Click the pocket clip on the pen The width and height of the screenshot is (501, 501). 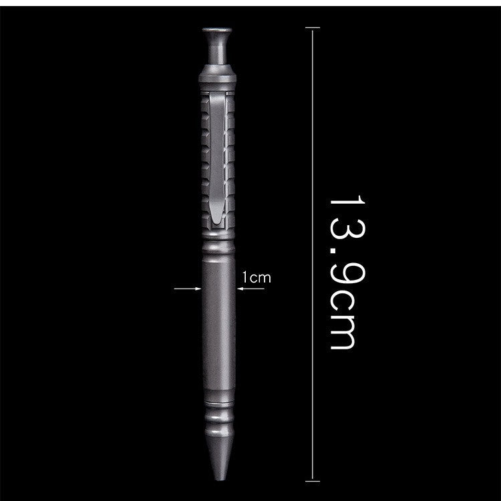pos(218,160)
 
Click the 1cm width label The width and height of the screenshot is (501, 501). pos(257,277)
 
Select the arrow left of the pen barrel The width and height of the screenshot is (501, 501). pos(188,289)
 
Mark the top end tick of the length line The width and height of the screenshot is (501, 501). pos(312,28)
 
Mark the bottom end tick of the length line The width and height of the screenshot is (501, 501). pos(312,479)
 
